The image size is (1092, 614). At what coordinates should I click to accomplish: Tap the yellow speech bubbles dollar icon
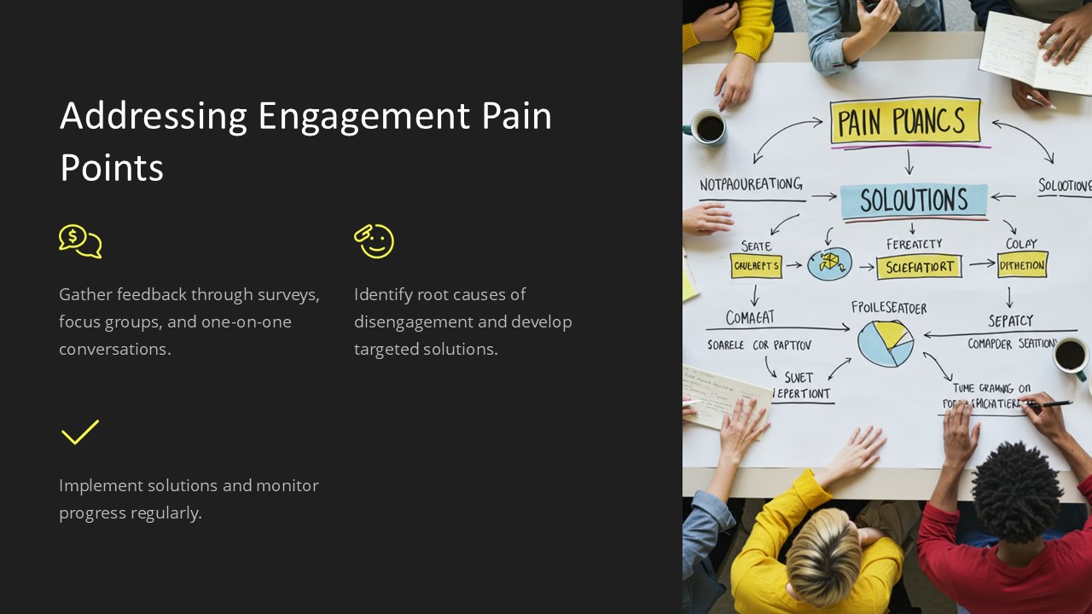(x=80, y=241)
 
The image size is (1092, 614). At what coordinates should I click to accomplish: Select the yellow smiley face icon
(x=375, y=241)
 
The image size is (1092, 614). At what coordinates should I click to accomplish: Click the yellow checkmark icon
(x=80, y=432)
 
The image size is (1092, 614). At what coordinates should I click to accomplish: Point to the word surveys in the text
(x=289, y=295)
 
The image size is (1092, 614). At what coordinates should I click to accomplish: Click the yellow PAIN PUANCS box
(x=904, y=122)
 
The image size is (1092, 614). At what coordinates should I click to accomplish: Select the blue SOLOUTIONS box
(x=913, y=201)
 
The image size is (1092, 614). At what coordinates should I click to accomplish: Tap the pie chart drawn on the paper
(x=885, y=344)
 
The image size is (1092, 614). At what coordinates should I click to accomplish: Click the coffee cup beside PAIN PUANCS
(x=708, y=127)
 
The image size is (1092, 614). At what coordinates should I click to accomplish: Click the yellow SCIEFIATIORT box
(x=919, y=267)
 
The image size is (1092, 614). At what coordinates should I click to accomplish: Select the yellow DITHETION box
(x=1022, y=265)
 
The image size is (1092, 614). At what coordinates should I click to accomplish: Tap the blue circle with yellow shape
(x=829, y=264)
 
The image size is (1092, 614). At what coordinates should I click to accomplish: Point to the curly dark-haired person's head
(x=1017, y=491)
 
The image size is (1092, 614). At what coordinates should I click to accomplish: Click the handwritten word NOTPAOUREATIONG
(x=751, y=184)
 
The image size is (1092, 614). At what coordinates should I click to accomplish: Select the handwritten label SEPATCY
(x=1010, y=321)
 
